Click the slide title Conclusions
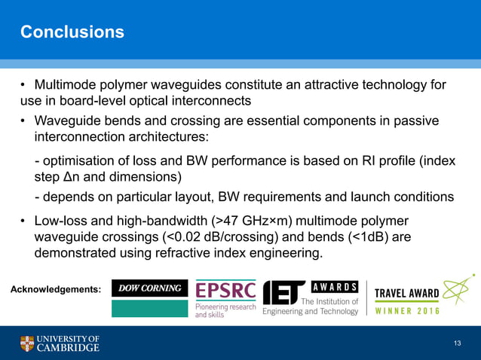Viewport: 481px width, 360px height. (x=72, y=32)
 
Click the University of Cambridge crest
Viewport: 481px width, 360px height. (x=27, y=343)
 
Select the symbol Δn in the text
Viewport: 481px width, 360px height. (x=78, y=177)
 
